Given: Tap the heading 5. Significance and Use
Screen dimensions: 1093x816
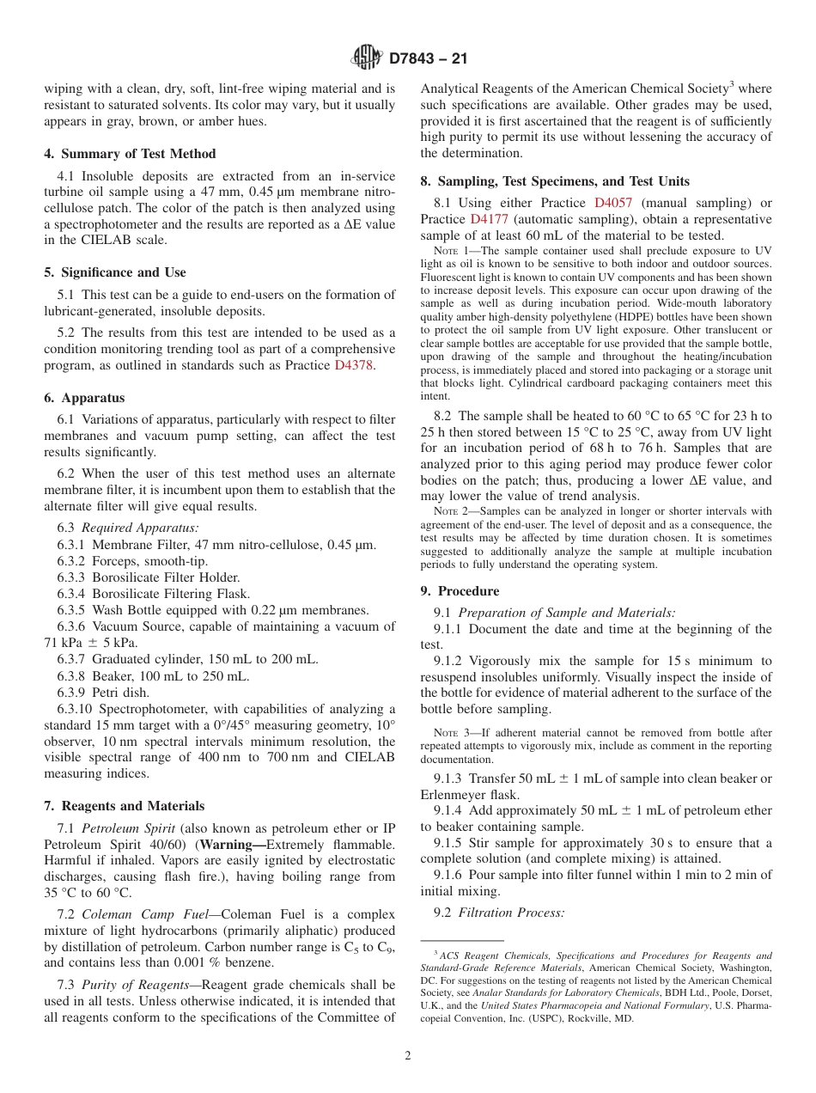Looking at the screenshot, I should [x=115, y=272].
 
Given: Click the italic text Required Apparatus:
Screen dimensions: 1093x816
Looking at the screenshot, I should [x=140, y=528].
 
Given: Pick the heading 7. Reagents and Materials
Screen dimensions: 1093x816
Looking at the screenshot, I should [x=125, y=806].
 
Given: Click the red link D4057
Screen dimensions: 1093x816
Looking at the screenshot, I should [x=613, y=203].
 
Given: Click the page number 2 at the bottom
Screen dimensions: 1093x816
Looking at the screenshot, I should [x=408, y=1056].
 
